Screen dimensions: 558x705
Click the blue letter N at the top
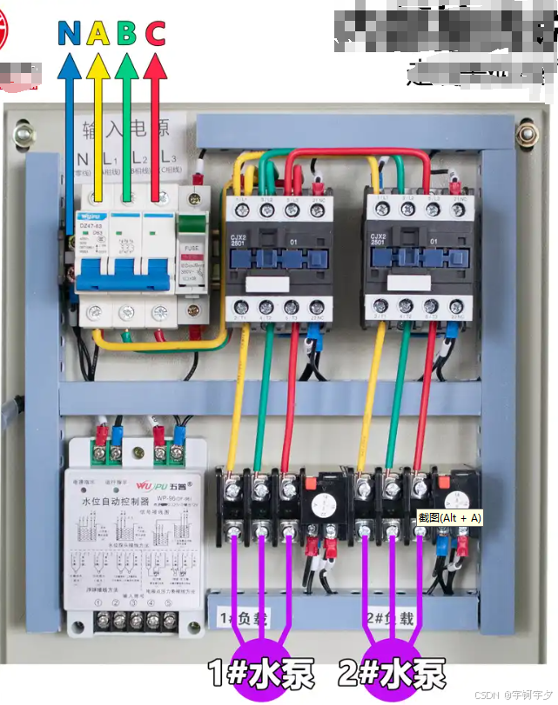click(70, 33)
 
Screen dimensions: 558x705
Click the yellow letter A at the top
click(98, 33)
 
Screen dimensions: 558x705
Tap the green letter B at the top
click(127, 33)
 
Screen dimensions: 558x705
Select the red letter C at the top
click(155, 33)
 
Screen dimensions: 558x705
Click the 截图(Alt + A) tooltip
click(449, 517)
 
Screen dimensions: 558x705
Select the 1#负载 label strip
click(243, 618)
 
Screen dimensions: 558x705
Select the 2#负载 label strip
click(392, 618)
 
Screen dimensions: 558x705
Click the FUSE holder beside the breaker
click(190, 261)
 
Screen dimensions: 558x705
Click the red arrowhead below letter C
click(155, 65)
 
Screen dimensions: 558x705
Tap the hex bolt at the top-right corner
click(525, 135)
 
